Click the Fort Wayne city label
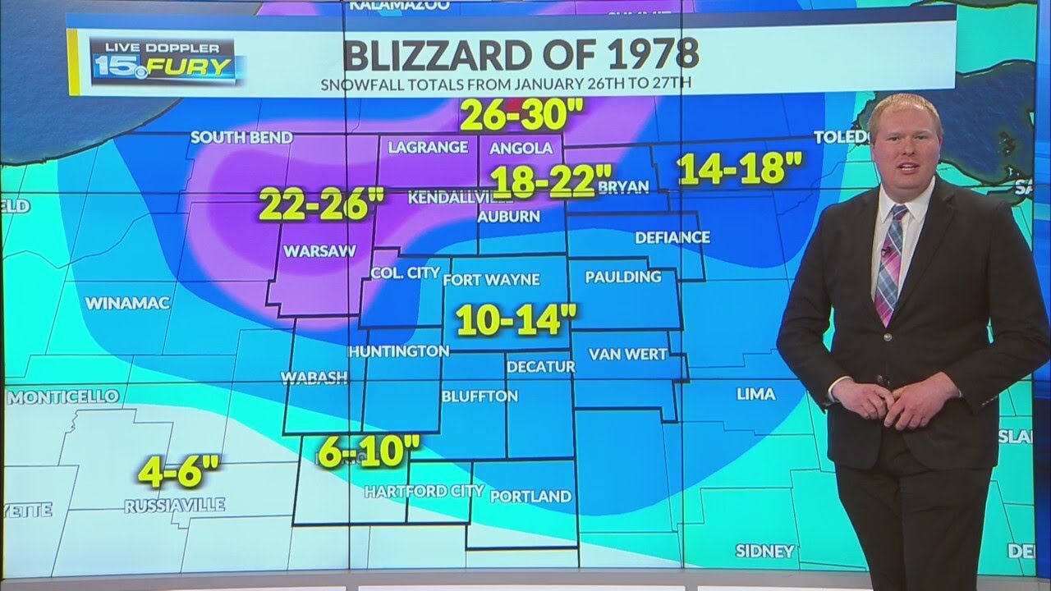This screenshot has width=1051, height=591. (x=491, y=280)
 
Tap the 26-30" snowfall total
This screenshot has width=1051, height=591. (x=514, y=116)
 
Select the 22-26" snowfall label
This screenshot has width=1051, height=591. (x=316, y=204)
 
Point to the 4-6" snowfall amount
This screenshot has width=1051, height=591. (x=179, y=473)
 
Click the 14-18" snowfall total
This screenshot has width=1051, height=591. (x=740, y=168)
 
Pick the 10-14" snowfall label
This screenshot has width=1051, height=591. (x=517, y=319)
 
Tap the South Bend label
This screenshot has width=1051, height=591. (x=241, y=137)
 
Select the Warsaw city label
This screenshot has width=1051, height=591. (x=320, y=251)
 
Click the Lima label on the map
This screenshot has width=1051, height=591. (x=755, y=394)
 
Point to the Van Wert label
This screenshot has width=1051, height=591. (x=627, y=355)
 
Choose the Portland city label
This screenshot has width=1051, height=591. (x=530, y=496)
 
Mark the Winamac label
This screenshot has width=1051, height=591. (x=127, y=303)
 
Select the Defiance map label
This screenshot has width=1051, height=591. (x=672, y=237)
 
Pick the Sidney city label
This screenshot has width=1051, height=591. (x=764, y=550)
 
